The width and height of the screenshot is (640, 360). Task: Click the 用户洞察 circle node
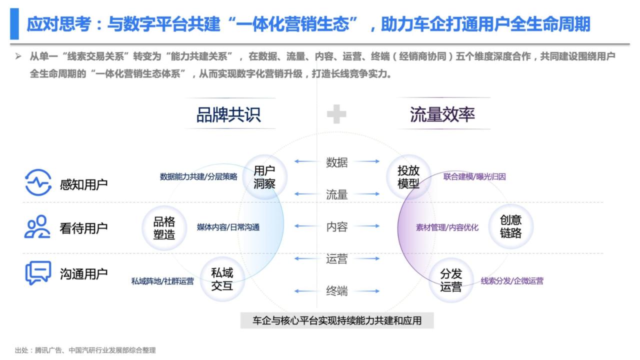(264, 177)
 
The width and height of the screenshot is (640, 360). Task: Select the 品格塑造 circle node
(164, 228)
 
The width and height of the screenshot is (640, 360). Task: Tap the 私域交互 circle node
(222, 279)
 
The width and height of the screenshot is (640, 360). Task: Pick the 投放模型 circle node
(408, 177)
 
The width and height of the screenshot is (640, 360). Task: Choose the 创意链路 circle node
(511, 226)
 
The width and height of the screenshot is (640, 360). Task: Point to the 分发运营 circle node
(451, 280)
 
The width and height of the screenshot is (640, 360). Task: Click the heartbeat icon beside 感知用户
(38, 182)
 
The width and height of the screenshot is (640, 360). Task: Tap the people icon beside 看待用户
(37, 226)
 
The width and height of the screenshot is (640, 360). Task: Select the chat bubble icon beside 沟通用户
(38, 273)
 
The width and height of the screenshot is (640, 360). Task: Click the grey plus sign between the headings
(336, 114)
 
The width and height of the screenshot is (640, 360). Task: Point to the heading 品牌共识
(228, 114)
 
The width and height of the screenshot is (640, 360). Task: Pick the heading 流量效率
(442, 114)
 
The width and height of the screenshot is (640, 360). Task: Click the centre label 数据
(337, 162)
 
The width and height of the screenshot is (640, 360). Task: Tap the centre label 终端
(337, 291)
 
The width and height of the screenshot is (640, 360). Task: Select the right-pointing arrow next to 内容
(367, 226)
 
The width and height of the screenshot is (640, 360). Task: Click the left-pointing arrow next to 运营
(307, 258)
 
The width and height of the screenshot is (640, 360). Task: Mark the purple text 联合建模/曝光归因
(474, 176)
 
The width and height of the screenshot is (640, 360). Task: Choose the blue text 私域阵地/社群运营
(162, 281)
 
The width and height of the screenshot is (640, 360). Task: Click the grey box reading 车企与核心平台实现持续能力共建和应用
(337, 320)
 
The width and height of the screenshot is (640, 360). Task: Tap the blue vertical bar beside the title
(14, 23)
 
